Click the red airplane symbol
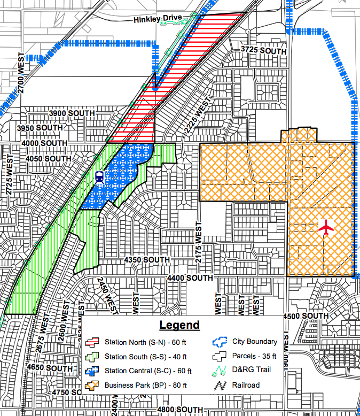(326, 227)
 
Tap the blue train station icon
(99, 177)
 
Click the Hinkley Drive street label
(157, 19)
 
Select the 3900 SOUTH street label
(72, 113)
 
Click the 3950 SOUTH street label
(40, 128)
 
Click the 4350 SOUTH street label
(147, 259)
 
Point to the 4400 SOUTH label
(190, 278)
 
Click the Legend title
(179, 325)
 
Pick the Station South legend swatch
(93, 357)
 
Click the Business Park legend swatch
(93, 385)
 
